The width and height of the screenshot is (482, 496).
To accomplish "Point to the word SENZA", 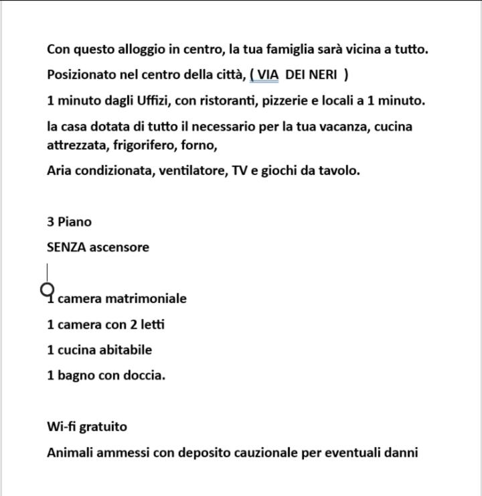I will [66, 247].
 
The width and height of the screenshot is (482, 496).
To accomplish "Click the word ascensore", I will [119, 247].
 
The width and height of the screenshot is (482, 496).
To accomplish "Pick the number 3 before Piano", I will [50, 221].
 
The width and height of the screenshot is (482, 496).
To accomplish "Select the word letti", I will [153, 324].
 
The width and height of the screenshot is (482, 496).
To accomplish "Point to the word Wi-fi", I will [62, 426].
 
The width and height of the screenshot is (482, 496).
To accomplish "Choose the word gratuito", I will [104, 426].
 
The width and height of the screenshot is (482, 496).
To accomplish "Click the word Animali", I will [70, 452].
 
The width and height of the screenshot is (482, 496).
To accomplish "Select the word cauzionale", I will [265, 452].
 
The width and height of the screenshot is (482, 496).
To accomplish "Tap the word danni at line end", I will [401, 452].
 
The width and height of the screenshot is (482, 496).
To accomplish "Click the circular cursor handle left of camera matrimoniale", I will [48, 290].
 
